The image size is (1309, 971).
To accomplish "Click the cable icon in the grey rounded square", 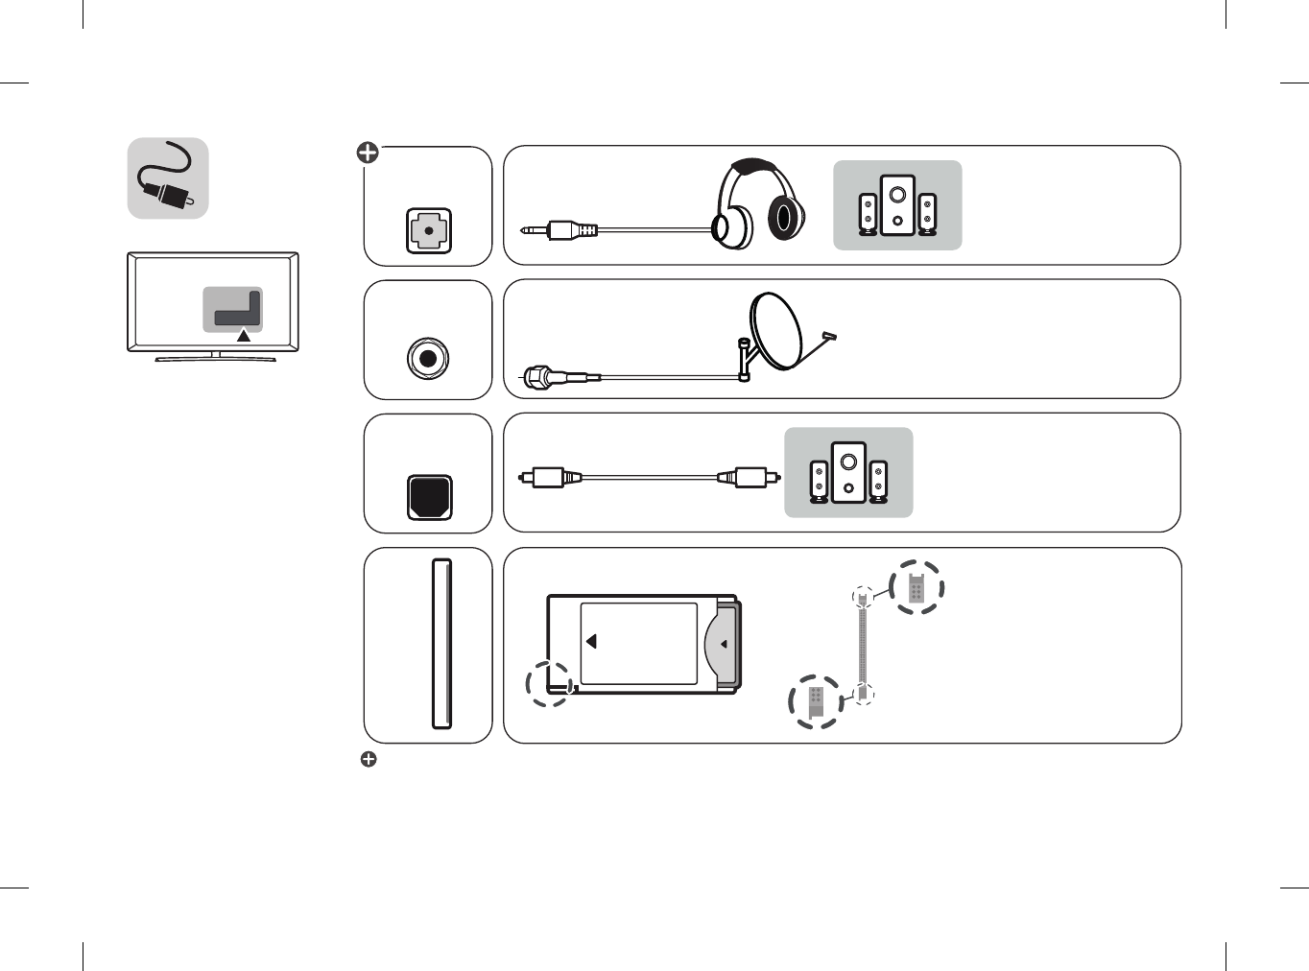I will (169, 178).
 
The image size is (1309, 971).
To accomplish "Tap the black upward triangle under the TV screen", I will (244, 336).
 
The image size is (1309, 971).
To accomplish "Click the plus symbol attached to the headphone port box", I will (368, 153).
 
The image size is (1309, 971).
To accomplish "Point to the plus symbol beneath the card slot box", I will (369, 759).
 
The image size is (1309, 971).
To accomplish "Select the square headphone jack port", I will (428, 231).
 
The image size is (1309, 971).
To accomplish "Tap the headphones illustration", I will (758, 205).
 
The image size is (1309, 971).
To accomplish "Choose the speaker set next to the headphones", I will (897, 205).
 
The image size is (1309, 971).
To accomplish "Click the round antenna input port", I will (428, 359).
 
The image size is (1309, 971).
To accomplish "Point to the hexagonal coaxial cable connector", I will (536, 377).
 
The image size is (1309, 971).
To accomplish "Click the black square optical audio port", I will (429, 497).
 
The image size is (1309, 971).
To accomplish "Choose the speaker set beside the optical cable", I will (848, 472).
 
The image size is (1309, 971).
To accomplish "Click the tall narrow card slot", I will (441, 644).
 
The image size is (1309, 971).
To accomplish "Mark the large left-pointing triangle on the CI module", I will (591, 641).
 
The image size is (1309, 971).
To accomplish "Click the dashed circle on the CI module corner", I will (549, 684).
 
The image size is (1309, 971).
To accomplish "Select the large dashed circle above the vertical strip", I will (916, 587).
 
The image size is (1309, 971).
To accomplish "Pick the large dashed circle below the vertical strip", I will (816, 701).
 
